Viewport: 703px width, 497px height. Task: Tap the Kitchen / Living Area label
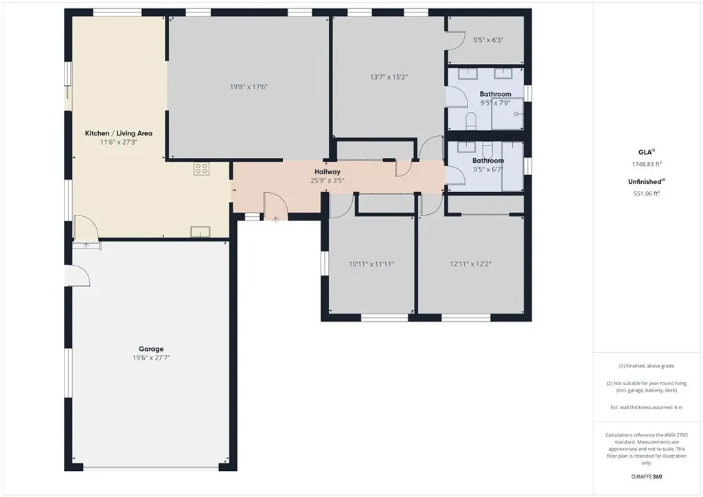tap(118, 133)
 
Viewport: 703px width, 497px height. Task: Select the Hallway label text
tap(327, 172)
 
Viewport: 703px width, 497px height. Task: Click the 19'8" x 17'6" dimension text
tap(249, 87)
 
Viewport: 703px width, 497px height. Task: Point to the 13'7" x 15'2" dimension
tap(389, 77)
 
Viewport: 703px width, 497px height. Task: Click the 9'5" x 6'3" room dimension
tap(488, 40)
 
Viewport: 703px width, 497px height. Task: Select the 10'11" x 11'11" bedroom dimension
tap(371, 264)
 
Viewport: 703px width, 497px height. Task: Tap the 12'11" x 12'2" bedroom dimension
tap(471, 264)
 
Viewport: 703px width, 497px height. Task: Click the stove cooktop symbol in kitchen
tap(201, 168)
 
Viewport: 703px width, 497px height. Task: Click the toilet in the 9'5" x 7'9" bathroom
tap(471, 122)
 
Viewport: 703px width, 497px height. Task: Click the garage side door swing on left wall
tap(80, 276)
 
